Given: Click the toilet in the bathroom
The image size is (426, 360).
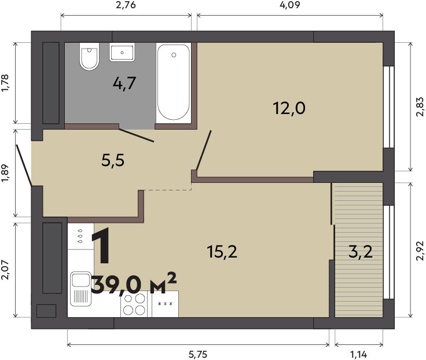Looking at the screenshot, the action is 89,56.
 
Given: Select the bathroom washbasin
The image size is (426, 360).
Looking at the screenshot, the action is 122,52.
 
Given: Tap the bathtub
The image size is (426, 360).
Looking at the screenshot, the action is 174,82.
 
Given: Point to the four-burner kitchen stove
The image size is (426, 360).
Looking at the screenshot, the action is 134,304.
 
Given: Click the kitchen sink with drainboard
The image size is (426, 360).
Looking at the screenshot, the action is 80,289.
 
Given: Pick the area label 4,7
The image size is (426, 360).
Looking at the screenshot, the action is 124,83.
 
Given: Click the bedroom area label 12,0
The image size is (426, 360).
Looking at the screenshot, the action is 289,108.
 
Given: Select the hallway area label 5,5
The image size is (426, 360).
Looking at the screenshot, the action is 113,160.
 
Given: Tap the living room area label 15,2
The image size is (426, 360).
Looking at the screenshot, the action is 222,251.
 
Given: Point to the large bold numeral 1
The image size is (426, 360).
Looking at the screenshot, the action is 101,246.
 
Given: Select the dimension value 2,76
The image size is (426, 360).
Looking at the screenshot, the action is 126,5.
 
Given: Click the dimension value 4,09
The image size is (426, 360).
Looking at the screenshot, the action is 290,5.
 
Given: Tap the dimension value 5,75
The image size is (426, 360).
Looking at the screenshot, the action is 198,354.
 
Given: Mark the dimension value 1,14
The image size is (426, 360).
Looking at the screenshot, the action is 359,354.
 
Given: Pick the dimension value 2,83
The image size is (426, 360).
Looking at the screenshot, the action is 420,106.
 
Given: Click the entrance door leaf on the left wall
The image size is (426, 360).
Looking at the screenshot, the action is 24,165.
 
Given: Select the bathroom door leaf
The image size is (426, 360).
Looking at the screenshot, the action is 137,135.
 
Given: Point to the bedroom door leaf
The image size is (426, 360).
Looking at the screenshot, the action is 204,150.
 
